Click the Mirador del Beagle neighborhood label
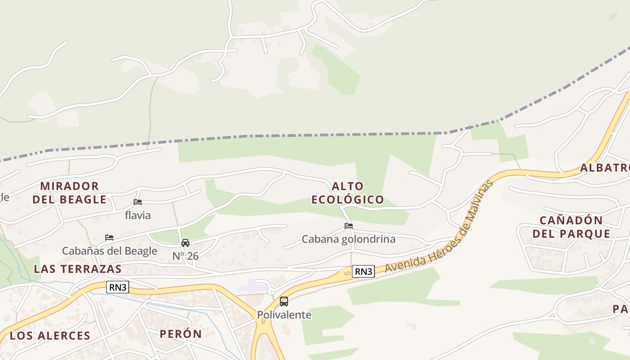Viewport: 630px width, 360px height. pyautogui.click(x=69, y=193)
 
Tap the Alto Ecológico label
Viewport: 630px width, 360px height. pyautogui.click(x=348, y=193)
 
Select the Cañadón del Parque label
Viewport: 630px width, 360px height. pyautogui.click(x=571, y=227)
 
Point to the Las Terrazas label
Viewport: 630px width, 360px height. pyautogui.click(x=78, y=269)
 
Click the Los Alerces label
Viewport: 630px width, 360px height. pyautogui.click(x=50, y=336)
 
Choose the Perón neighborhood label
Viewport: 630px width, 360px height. pyautogui.click(x=180, y=334)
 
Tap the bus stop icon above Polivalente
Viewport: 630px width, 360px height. pyautogui.click(x=284, y=301)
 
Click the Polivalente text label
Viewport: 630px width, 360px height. pyautogui.click(x=284, y=315)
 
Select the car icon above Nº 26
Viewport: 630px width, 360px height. pyautogui.click(x=185, y=243)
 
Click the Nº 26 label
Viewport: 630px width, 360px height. pyautogui.click(x=185, y=256)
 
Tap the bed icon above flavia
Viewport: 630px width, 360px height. pyautogui.click(x=138, y=202)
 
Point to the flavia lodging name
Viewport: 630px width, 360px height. pyautogui.click(x=138, y=216)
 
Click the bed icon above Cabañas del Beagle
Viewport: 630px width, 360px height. pyautogui.click(x=109, y=237)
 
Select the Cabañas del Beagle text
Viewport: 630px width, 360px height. pyautogui.click(x=109, y=251)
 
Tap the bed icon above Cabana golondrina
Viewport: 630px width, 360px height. pyautogui.click(x=349, y=226)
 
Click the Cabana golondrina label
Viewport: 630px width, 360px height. pyautogui.click(x=349, y=239)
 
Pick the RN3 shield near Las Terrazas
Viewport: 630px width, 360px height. pyautogui.click(x=117, y=287)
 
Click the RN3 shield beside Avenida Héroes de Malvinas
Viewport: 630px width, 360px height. pyautogui.click(x=363, y=271)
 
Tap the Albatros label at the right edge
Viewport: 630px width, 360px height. pyautogui.click(x=604, y=168)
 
